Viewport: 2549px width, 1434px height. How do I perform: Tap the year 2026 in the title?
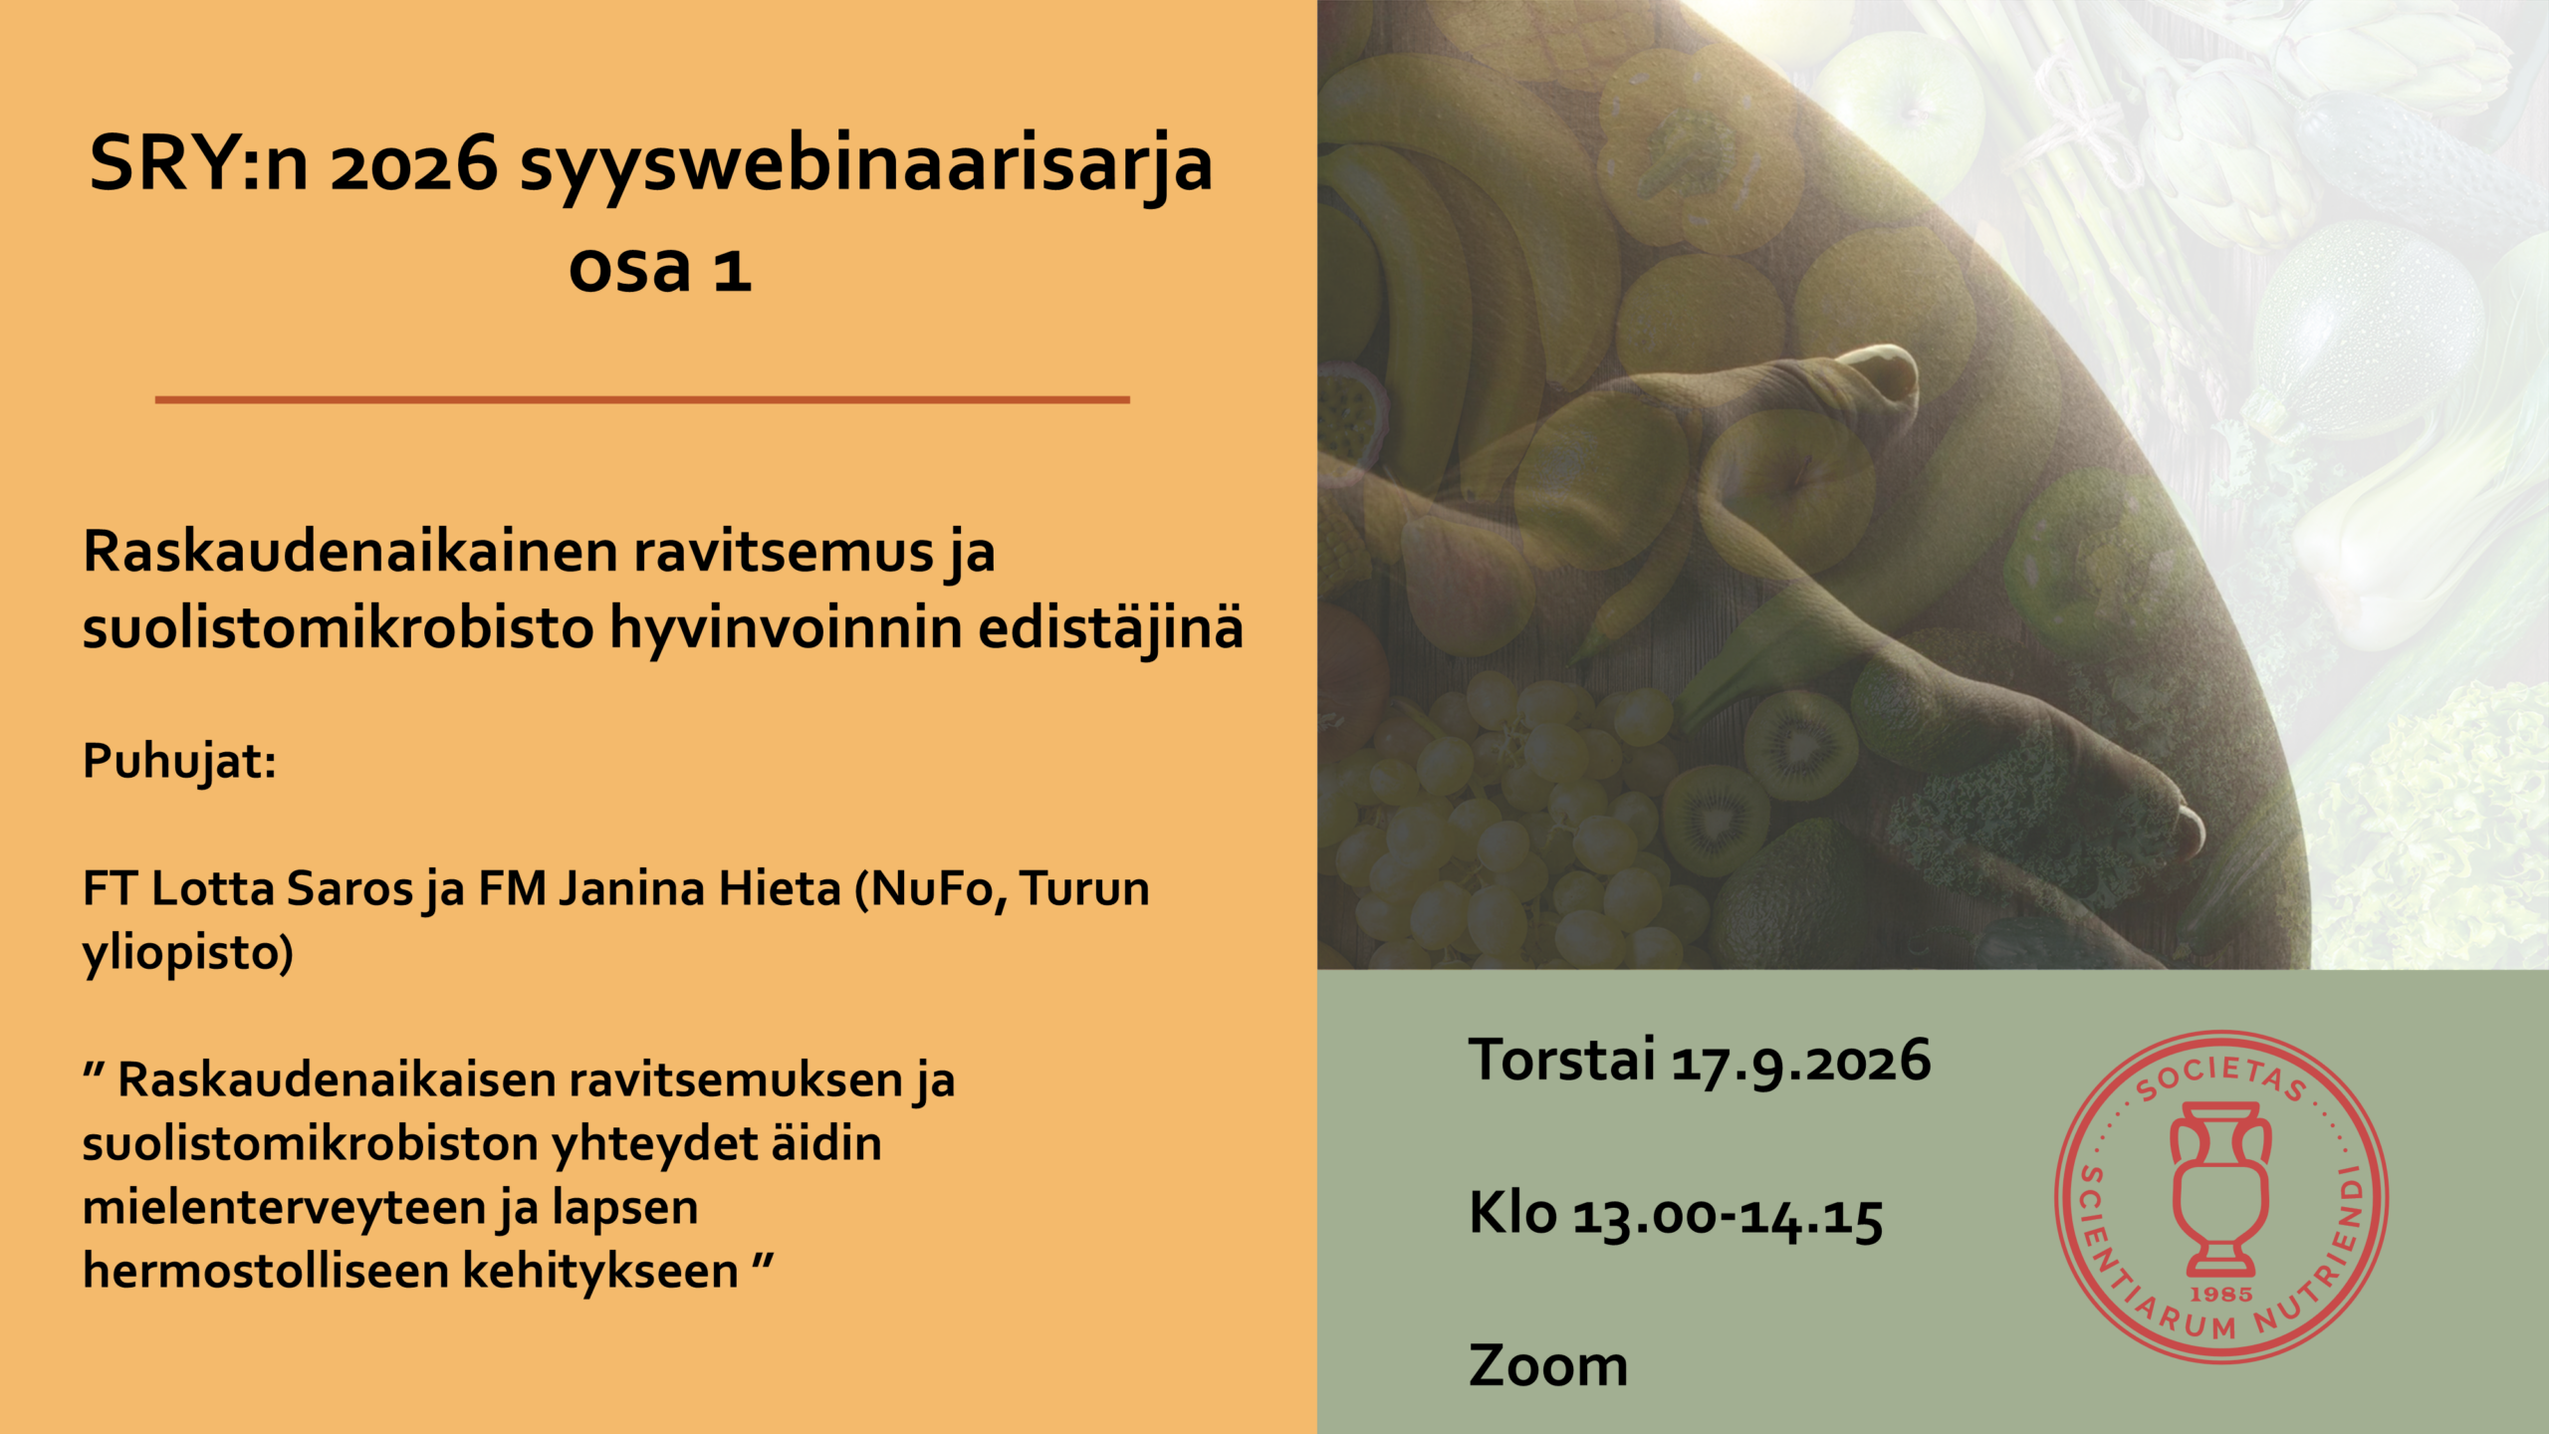(413, 164)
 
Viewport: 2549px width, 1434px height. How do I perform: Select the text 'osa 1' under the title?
(659, 268)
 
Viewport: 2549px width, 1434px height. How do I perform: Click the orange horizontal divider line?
(642, 399)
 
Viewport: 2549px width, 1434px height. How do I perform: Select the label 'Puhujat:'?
(179, 762)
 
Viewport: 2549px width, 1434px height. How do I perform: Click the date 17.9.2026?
(1800, 1061)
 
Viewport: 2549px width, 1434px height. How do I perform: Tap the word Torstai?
(1561, 1059)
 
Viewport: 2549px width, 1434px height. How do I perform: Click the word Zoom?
(1548, 1365)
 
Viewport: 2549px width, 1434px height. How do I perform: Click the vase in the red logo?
(2220, 1189)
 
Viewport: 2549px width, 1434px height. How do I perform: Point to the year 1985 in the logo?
(2221, 1294)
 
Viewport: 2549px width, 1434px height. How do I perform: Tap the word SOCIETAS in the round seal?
(2221, 1077)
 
